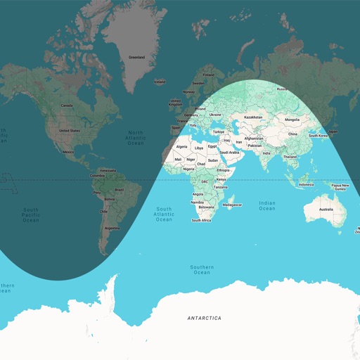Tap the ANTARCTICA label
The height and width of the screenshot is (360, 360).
click(204, 318)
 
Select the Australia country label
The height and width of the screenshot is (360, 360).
click(326, 210)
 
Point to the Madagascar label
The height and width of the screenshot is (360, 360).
click(232, 205)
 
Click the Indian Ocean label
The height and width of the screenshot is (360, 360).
click(266, 205)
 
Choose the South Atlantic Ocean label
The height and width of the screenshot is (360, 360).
click(164, 214)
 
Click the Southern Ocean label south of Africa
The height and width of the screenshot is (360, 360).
click(201, 269)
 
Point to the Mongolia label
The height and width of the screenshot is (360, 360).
click(292, 120)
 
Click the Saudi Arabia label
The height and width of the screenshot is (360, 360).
click(229, 152)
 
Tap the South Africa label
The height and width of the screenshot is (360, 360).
click(201, 220)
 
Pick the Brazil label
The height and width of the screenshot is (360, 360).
click(119, 190)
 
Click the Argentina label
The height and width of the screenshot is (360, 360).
click(111, 228)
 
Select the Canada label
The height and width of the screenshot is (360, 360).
click(67, 105)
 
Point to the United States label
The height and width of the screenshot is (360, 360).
click(69, 131)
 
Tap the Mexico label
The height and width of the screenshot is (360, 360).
click(68, 152)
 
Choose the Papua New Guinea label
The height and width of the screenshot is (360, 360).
click(339, 186)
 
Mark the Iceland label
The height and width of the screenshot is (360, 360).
click(160, 82)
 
